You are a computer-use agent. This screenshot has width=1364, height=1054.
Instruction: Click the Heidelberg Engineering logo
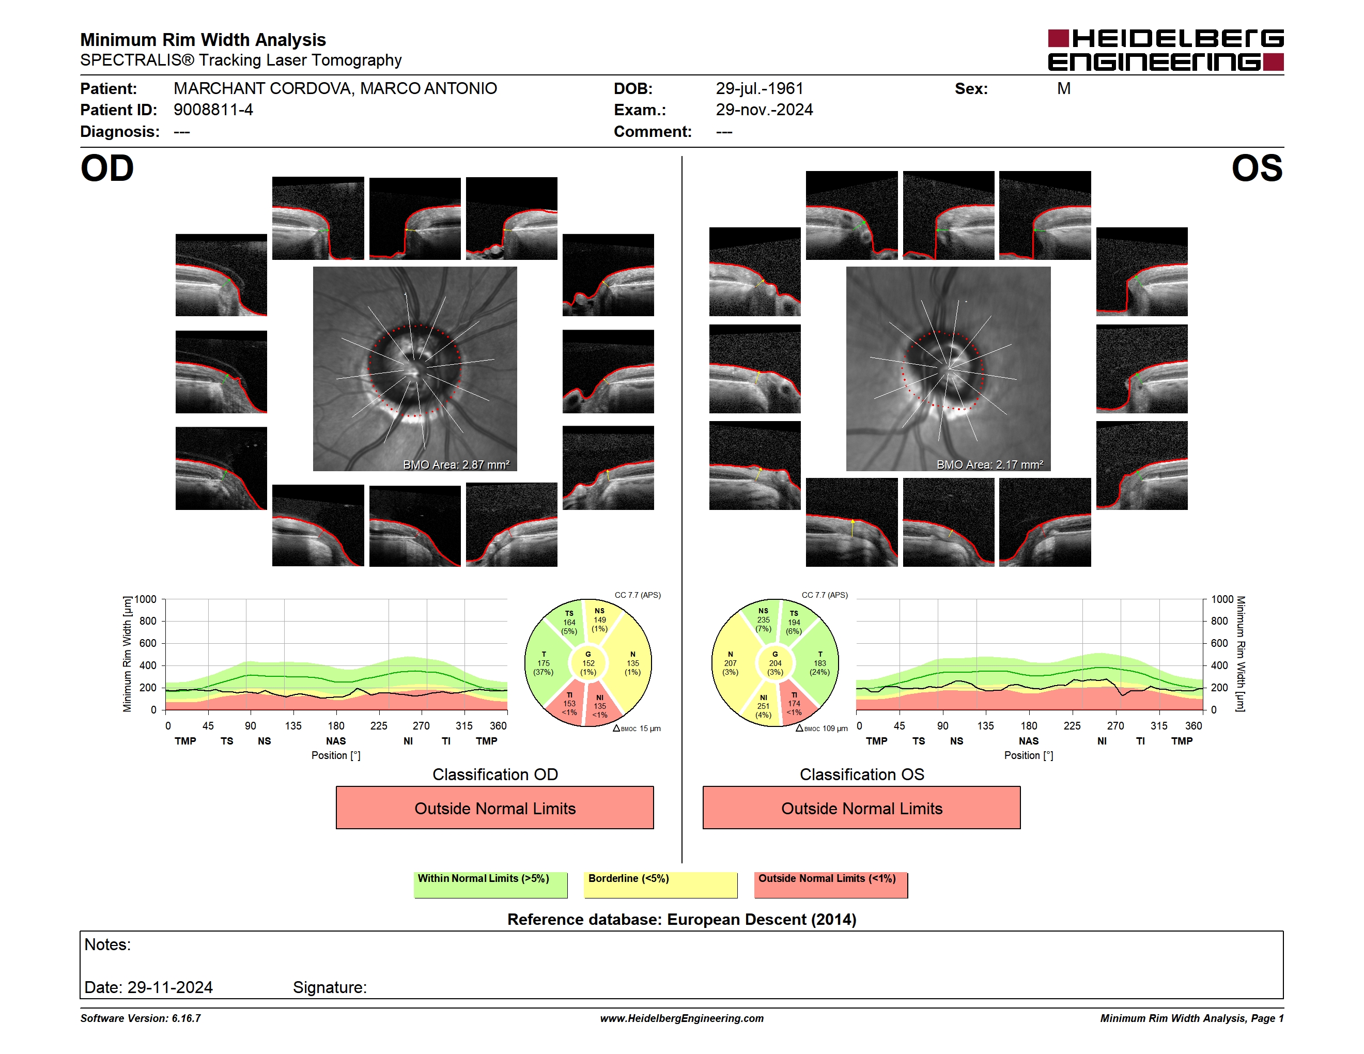tap(1166, 50)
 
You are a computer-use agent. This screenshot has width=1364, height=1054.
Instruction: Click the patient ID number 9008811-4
tap(213, 110)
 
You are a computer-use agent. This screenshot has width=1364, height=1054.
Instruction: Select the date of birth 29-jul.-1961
tap(760, 89)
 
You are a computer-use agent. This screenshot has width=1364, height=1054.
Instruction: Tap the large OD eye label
tap(107, 168)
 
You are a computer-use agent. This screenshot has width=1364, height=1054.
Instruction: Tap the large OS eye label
tap(1257, 168)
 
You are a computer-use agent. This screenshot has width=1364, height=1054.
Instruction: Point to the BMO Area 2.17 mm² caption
tap(989, 464)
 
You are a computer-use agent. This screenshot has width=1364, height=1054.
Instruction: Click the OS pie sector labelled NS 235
tap(762, 621)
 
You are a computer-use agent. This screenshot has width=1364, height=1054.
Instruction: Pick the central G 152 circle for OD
tap(587, 663)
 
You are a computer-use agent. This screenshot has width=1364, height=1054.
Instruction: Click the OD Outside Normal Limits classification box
tap(494, 808)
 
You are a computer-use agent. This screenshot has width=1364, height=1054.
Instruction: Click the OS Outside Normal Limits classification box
tap(861, 808)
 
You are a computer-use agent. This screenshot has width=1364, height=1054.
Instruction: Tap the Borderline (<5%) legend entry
tap(661, 885)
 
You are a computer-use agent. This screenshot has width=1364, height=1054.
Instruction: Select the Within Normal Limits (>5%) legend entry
tap(490, 885)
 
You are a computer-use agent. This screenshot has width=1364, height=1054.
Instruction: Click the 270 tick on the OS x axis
tap(1115, 725)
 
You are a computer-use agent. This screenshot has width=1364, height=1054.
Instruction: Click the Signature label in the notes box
tap(330, 987)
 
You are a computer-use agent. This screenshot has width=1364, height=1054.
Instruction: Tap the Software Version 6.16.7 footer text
tap(141, 1018)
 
